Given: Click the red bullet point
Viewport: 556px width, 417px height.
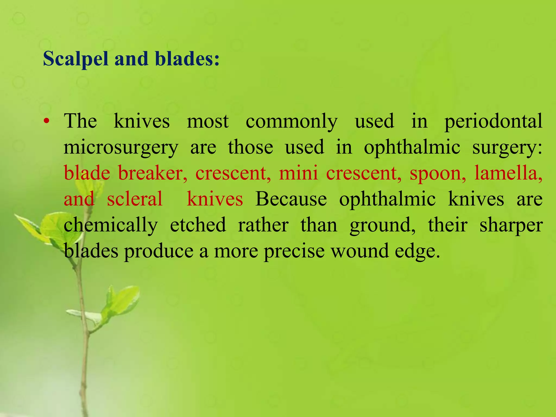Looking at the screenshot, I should pos(47,121).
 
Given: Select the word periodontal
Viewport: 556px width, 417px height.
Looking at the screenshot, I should pos(493,121).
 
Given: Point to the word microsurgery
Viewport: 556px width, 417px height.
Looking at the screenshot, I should pos(121,147).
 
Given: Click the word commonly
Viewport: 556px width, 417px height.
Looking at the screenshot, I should pos(292,121).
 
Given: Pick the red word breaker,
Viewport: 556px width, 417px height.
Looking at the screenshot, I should pos(153,173).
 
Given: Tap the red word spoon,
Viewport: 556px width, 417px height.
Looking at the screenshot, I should pos(438,173).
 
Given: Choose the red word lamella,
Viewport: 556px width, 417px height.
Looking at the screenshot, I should pos(508,173).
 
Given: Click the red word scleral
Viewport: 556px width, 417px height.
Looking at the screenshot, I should pos(135,199).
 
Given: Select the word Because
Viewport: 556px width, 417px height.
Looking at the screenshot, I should pos(291,199).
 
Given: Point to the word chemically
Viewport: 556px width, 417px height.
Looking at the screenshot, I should pos(111,225).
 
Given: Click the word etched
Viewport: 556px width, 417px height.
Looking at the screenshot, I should pos(198,225).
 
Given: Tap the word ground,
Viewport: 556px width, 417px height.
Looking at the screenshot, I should pos(383,225).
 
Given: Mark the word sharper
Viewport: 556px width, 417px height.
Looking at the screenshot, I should pos(511,225).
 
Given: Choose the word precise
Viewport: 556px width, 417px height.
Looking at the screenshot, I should pos(294,251).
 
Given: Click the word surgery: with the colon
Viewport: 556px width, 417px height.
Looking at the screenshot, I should pos(507,148).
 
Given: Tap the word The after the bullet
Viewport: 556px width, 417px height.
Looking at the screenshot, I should pos(80,121).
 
